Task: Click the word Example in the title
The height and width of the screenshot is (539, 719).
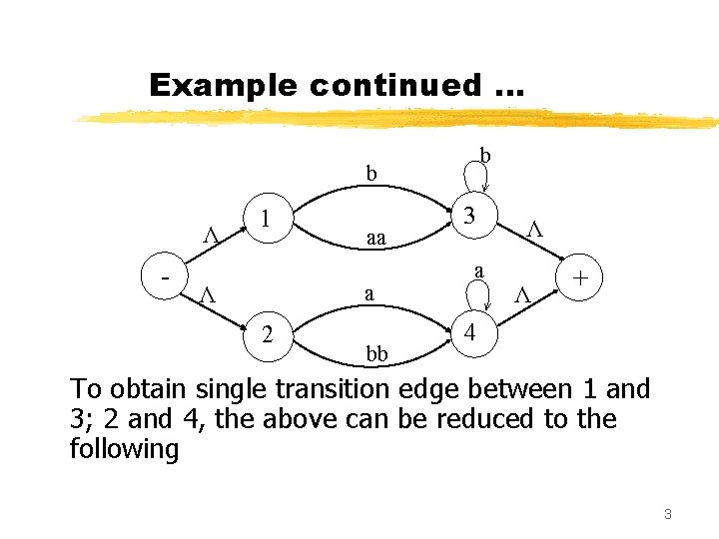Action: point(223,86)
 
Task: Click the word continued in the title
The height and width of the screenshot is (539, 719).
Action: point(394,86)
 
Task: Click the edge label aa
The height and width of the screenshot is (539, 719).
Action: point(376,239)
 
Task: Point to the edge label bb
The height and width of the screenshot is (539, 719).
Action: point(376,354)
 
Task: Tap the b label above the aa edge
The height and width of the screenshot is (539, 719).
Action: point(371,174)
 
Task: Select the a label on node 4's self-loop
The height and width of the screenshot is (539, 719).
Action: point(479,270)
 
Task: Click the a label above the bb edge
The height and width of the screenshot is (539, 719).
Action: point(369,293)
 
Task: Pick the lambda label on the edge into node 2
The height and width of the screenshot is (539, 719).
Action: point(208,294)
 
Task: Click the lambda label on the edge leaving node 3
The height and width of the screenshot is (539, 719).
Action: point(534,230)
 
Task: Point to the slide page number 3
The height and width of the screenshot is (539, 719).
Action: point(667,514)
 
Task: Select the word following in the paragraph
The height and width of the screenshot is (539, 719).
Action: point(124,448)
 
